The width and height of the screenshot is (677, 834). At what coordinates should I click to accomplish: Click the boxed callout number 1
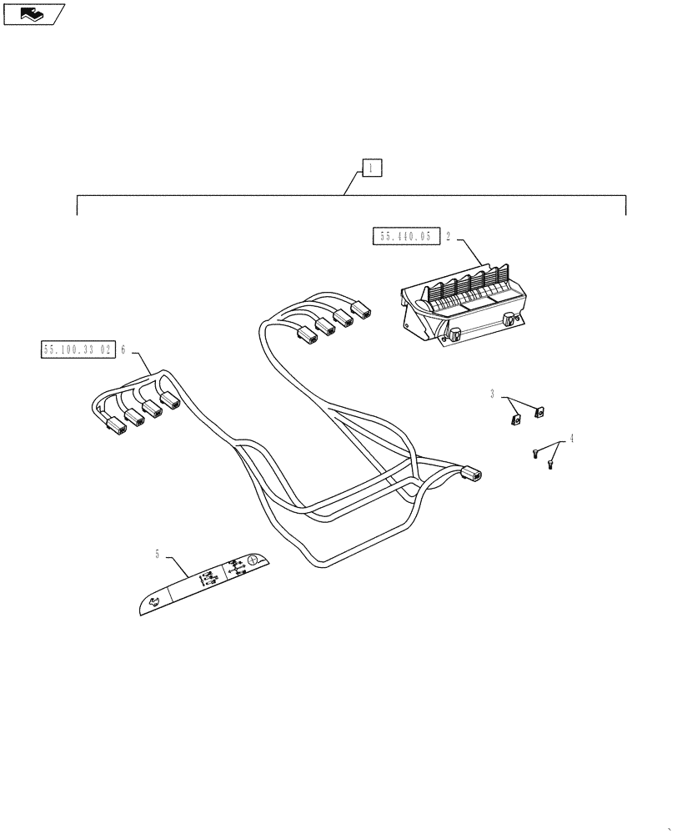(x=371, y=168)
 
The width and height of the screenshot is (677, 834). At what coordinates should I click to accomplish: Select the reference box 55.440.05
(x=405, y=237)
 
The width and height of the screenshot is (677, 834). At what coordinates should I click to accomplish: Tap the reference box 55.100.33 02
(x=77, y=349)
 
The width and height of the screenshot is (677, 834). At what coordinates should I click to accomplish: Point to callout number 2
(x=448, y=237)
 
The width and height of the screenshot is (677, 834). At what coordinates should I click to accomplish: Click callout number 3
(x=493, y=392)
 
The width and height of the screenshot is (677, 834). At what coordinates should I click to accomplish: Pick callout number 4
(x=571, y=438)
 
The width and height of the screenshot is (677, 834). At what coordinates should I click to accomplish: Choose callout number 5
(x=157, y=553)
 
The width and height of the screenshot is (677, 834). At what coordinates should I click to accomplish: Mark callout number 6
(x=123, y=349)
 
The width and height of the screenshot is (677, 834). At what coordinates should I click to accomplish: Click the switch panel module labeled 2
(x=463, y=305)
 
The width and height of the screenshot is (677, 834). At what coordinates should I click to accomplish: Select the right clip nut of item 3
(x=539, y=410)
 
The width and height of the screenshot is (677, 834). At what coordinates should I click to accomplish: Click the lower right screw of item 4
(x=550, y=464)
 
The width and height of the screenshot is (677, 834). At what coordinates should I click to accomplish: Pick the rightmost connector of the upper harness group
(x=361, y=311)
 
